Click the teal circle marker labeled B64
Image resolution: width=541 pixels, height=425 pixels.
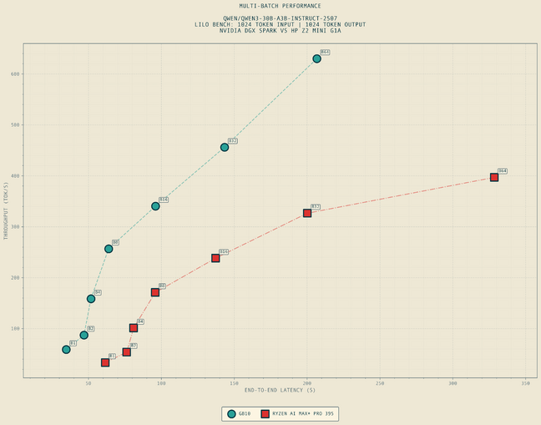pyautogui.click(x=316, y=58)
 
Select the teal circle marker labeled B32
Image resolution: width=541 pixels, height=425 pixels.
pyautogui.click(x=225, y=147)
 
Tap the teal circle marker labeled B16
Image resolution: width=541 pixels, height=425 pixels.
pyautogui.click(x=155, y=206)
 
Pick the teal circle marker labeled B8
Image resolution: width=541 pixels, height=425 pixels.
pyautogui.click(x=109, y=249)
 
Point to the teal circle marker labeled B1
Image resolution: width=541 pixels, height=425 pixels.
pyautogui.click(x=66, y=349)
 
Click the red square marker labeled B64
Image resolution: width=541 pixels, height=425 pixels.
pyautogui.click(x=494, y=177)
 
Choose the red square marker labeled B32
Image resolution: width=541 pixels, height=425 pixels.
pyautogui.click(x=307, y=213)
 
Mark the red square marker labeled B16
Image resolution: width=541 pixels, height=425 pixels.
pyautogui.click(x=215, y=258)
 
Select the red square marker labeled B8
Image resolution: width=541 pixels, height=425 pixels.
pyautogui.click(x=155, y=292)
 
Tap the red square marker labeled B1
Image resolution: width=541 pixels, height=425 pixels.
pyautogui.click(x=105, y=362)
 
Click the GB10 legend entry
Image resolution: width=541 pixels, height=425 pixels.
pyautogui.click(x=239, y=413)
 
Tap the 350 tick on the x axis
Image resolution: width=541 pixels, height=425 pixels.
pyautogui.click(x=525, y=383)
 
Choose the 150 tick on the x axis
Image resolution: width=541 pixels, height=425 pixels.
pyautogui.click(x=234, y=383)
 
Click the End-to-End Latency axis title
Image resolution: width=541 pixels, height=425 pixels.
pyautogui.click(x=280, y=390)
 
